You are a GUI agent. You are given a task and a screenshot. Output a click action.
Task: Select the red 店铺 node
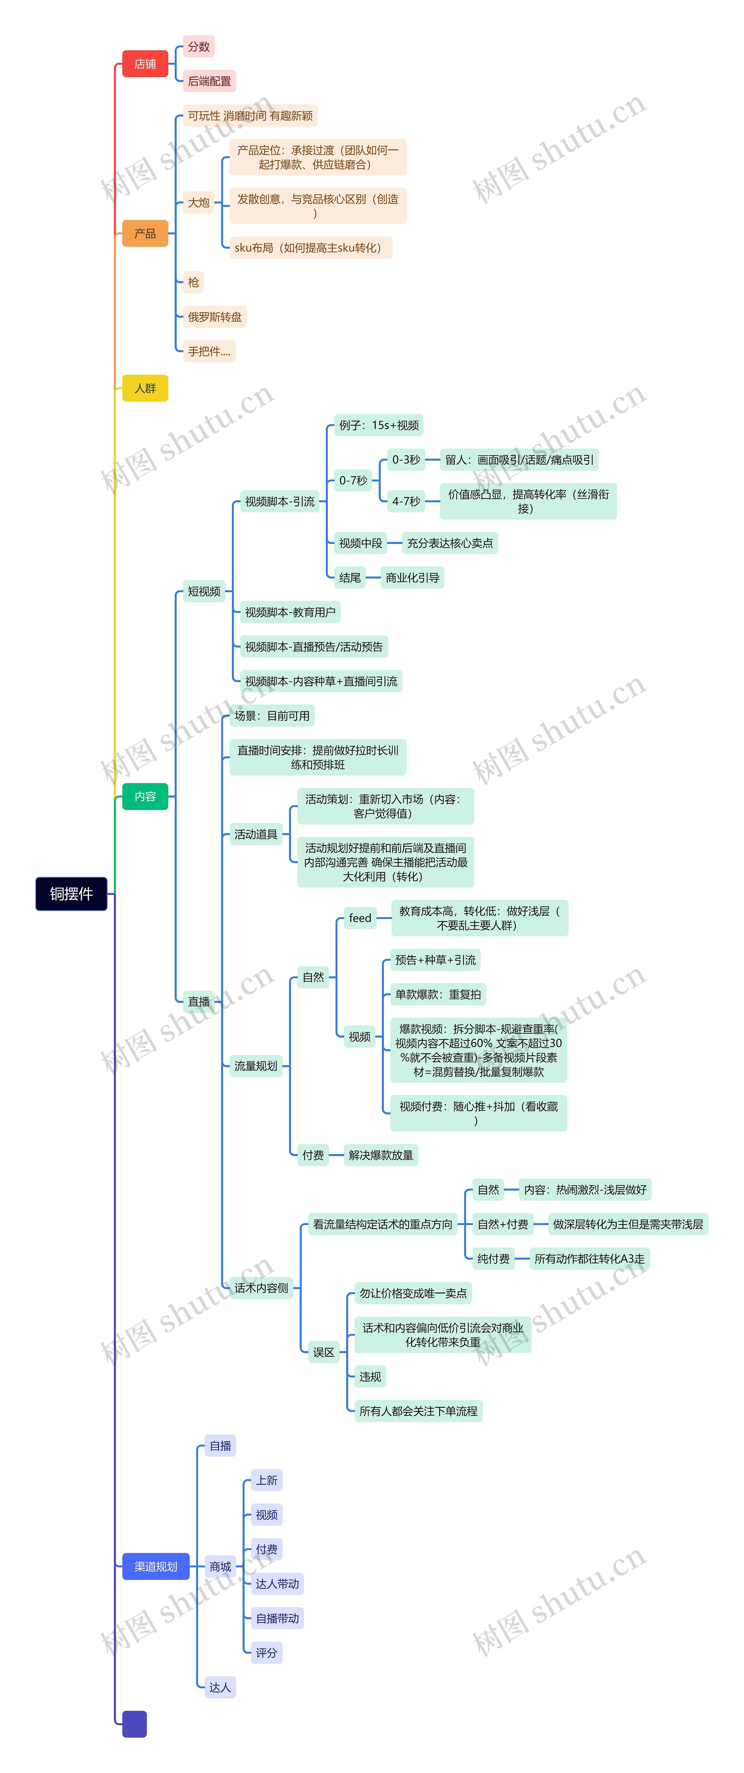point(145,64)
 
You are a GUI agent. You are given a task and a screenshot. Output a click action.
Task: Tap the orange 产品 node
point(145,233)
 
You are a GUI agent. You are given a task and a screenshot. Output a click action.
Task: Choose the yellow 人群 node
point(145,388)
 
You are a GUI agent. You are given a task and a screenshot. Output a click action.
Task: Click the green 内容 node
point(145,796)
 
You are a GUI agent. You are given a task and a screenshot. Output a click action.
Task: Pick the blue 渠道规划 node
point(155,1566)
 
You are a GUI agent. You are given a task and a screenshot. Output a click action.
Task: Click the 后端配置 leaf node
point(209,81)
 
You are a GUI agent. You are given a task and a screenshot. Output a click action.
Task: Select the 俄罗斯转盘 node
point(215,317)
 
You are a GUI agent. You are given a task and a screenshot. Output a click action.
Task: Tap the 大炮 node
point(199,202)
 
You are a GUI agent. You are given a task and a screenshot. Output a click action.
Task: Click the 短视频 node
point(204,591)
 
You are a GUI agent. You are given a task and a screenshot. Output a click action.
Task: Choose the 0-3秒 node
point(406,460)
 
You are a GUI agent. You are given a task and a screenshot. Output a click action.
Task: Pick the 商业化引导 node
point(412,577)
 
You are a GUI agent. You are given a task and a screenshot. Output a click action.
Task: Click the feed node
point(360,918)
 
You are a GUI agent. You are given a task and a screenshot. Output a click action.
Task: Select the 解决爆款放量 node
point(381,1155)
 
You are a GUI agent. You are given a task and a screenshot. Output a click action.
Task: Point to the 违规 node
point(370,1377)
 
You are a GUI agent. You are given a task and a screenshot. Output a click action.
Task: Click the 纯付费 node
point(493,1259)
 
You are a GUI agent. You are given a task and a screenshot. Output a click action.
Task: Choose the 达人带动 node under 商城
point(277,1584)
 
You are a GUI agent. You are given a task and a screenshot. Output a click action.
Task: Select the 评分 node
point(266,1652)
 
